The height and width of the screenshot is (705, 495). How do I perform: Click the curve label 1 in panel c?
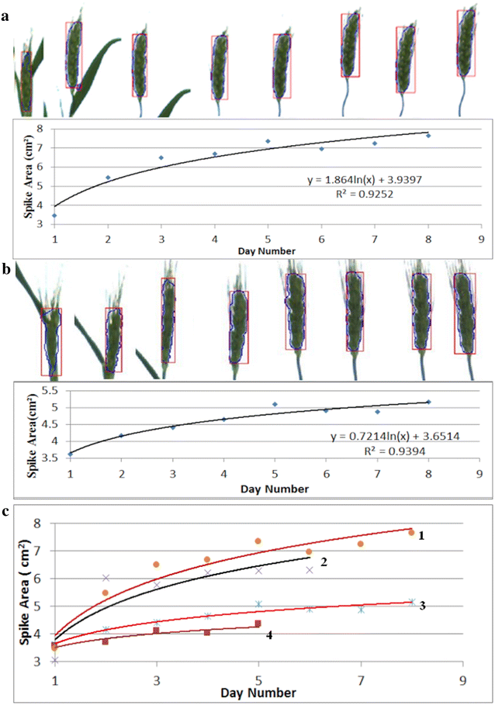pos(441,535)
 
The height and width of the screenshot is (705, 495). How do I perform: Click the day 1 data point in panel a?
pos(54,216)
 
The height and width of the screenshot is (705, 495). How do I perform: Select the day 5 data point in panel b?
pos(275,404)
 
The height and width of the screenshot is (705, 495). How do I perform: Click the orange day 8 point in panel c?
pos(412,533)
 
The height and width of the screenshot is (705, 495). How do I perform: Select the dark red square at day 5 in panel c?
pos(258,624)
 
